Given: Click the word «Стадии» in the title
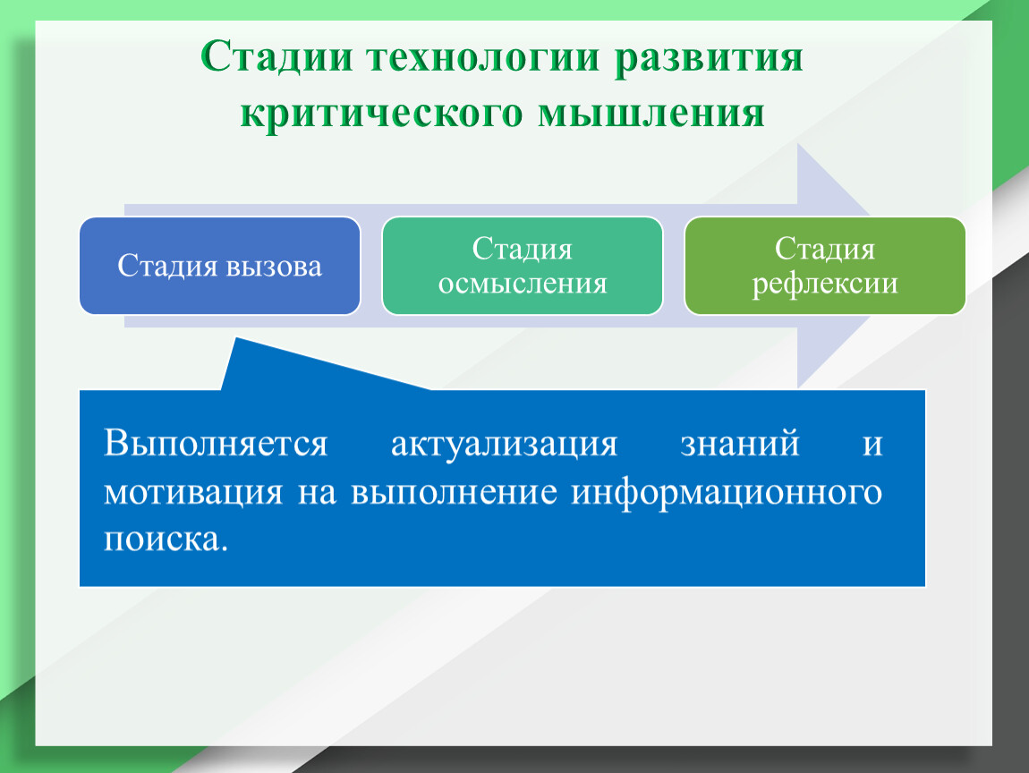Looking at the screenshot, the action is pyautogui.click(x=277, y=58).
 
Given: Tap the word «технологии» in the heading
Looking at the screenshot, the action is pyautogui.click(x=484, y=58).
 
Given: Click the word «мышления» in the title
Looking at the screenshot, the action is pyautogui.click(x=651, y=113).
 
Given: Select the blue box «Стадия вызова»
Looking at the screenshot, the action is pyautogui.click(x=220, y=266).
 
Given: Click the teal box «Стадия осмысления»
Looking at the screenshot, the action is pyautogui.click(x=523, y=266).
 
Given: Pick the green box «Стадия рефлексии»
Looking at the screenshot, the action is pyautogui.click(x=825, y=266).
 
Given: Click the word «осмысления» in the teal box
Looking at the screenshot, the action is pyautogui.click(x=523, y=284).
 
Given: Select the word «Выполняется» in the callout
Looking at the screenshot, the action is pyautogui.click(x=216, y=444).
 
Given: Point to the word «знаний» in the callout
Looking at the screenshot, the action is pyautogui.click(x=740, y=445).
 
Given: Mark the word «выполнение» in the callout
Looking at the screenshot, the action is pyautogui.click(x=455, y=493).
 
